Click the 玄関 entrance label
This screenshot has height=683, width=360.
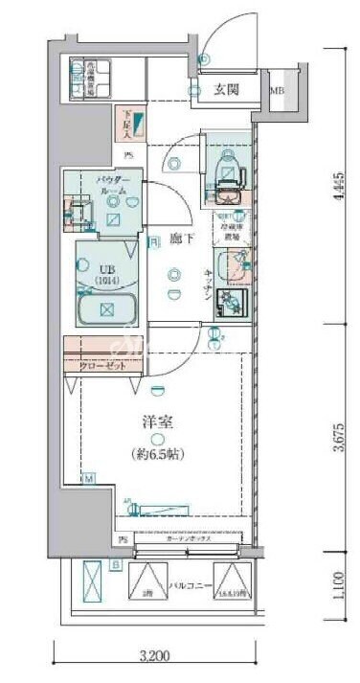[x=226, y=90]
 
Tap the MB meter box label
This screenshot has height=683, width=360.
[x=277, y=92]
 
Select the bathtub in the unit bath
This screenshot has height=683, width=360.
[x=107, y=309]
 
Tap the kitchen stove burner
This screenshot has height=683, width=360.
[x=233, y=302]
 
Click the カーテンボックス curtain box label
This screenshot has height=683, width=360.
[x=188, y=539]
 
